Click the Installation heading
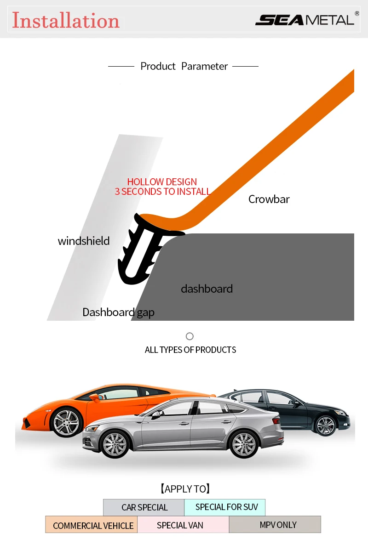click(66, 20)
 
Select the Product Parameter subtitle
click(184, 66)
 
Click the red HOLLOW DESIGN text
click(162, 182)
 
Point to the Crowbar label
click(269, 199)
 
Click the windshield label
click(84, 241)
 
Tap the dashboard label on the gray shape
click(207, 289)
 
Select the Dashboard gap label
click(118, 312)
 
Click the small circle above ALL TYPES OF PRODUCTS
click(190, 336)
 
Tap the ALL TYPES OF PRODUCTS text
click(190, 350)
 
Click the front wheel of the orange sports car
click(66, 422)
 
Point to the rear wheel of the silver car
click(244, 444)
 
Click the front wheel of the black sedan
click(325, 426)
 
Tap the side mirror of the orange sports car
click(94, 398)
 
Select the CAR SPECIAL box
click(144, 507)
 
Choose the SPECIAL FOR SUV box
click(225, 507)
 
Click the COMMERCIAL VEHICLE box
click(92, 525)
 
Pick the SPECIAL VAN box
click(183, 525)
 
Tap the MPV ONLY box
click(275, 525)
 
